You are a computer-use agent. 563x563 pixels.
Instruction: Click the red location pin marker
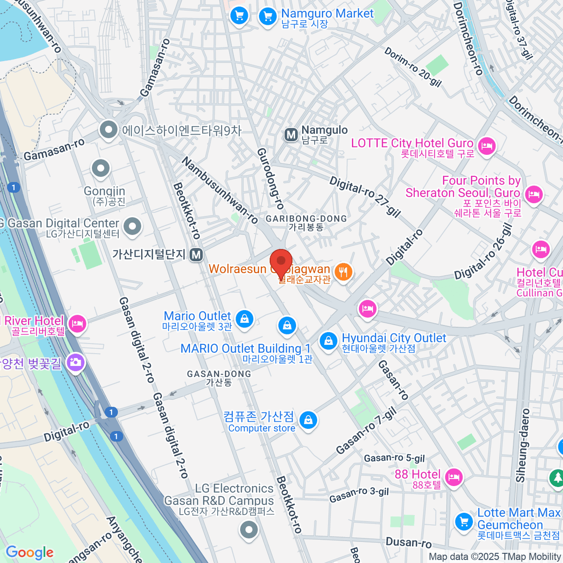281,262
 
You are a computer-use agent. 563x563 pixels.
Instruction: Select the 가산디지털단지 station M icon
197,255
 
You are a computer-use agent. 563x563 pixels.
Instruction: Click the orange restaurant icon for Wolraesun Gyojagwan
343,272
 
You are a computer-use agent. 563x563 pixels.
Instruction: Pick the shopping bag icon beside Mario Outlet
244,319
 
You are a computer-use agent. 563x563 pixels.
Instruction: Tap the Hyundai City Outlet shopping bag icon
328,341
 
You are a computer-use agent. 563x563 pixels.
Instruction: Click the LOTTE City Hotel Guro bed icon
487,145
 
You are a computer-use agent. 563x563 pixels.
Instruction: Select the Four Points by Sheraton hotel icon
533,193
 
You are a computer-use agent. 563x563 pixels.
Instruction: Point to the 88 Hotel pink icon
453,478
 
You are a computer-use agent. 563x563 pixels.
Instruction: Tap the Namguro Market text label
327,14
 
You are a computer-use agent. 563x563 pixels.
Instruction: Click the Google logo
30,552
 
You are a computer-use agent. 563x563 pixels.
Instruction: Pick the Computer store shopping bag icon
308,420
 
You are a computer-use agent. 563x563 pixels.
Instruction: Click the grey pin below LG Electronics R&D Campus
249,531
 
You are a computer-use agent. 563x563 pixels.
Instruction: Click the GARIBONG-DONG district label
306,219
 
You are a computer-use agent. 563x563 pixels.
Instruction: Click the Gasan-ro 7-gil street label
366,431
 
